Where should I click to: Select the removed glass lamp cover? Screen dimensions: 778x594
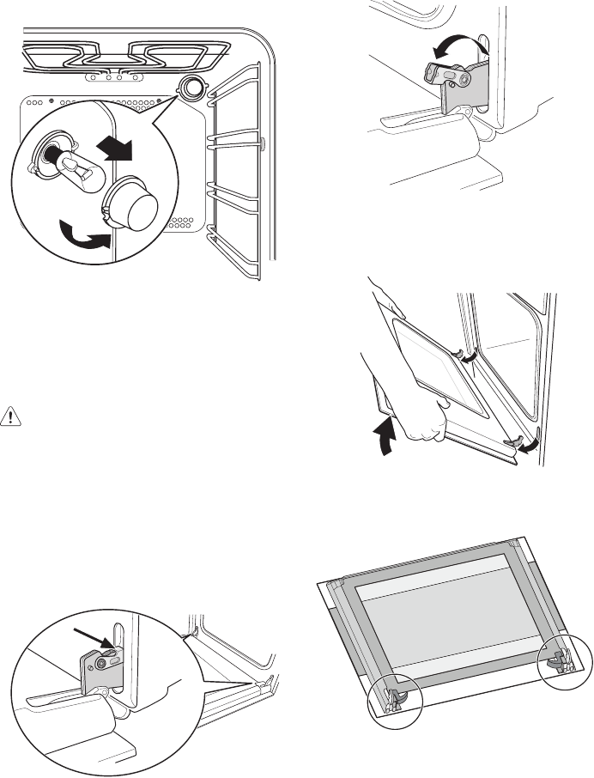pyautogui.click(x=132, y=203)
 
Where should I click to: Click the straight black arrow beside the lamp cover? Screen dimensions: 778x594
pyautogui.click(x=115, y=149)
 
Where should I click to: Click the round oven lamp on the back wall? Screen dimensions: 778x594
pyautogui.click(x=191, y=87)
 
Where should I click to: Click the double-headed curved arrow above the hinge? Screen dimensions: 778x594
pyautogui.click(x=454, y=49)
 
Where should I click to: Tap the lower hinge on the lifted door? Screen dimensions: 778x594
pyautogui.click(x=517, y=441)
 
